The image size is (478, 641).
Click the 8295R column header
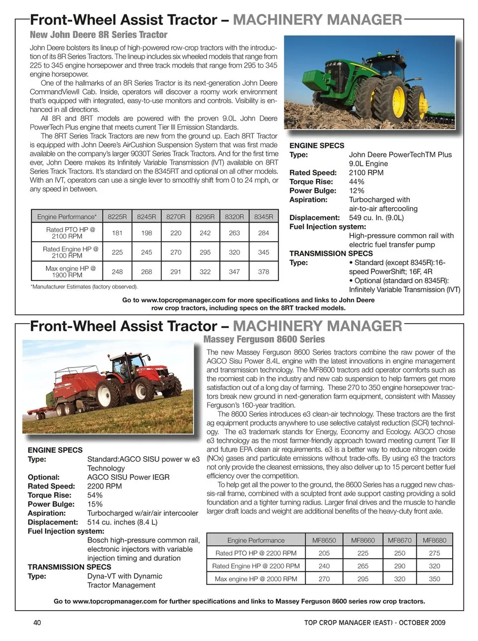(205, 217)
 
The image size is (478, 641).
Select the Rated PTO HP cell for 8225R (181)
(117, 233)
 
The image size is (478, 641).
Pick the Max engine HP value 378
(263, 271)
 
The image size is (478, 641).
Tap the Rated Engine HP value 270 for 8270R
(176, 252)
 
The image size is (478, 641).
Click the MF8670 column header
(399, 540)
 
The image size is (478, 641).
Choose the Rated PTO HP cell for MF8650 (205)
(324, 553)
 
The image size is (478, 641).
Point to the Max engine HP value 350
(434, 579)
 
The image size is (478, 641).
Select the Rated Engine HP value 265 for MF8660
(362, 566)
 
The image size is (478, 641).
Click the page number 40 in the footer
(37, 622)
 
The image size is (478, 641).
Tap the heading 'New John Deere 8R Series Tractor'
(99, 35)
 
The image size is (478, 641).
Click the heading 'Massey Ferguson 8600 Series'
(264, 339)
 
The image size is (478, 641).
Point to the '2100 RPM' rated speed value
(366, 173)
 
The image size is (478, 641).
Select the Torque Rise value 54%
(95, 495)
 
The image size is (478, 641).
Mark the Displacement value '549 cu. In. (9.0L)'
(376, 218)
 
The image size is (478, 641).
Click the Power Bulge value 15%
(95, 504)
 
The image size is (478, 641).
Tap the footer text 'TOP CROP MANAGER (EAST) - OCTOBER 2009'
(374, 622)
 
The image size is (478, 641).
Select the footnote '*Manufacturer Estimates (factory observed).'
(84, 287)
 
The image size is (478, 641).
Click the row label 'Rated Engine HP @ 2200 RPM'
(256, 566)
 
